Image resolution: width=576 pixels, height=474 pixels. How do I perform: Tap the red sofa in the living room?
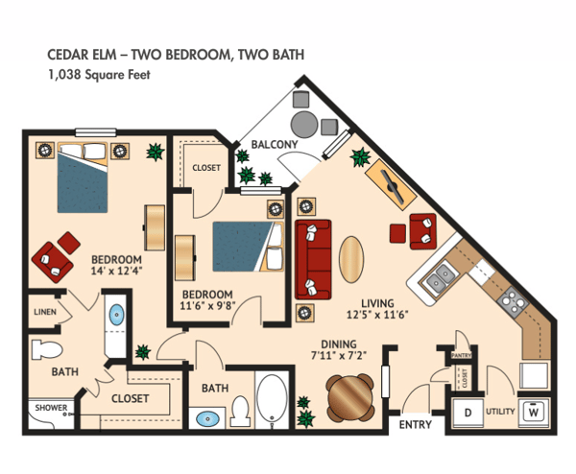(312, 258)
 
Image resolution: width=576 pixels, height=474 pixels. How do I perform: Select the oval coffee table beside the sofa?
(351, 258)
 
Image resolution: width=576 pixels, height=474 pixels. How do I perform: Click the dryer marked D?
(468, 413)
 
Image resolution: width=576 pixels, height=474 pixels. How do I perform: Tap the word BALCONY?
(274, 145)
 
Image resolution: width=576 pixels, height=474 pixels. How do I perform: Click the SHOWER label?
(51, 408)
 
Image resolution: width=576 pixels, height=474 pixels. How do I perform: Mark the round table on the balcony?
(306, 123)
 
